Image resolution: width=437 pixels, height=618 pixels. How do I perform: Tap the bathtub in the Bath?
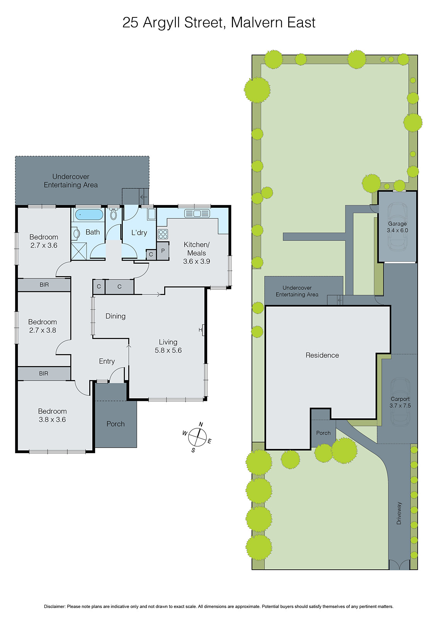click(89, 215)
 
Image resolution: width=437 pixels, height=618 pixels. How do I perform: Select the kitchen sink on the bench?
click(197, 213)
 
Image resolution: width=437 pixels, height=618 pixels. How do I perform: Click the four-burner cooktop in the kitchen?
click(163, 234)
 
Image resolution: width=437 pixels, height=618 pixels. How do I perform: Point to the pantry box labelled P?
click(163, 251)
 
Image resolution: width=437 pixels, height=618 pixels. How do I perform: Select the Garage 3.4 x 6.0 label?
click(397, 227)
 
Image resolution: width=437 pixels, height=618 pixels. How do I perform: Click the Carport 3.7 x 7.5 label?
click(400, 402)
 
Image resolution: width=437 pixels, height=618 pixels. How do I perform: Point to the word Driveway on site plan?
click(399, 513)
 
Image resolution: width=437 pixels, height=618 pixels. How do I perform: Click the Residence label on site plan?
click(322, 355)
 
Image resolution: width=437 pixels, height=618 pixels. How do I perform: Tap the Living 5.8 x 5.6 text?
click(168, 346)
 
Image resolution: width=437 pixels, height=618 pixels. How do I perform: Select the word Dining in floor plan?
click(116, 316)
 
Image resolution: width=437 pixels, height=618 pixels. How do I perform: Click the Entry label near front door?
click(107, 361)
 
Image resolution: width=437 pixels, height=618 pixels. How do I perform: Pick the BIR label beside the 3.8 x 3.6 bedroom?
click(44, 374)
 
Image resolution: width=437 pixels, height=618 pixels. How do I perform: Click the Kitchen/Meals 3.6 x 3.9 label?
click(196, 253)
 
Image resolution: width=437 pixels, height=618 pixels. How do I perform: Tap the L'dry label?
click(139, 233)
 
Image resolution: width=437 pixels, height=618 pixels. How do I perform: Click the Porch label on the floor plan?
click(116, 424)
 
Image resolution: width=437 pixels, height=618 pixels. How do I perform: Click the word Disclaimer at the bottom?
click(54, 606)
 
